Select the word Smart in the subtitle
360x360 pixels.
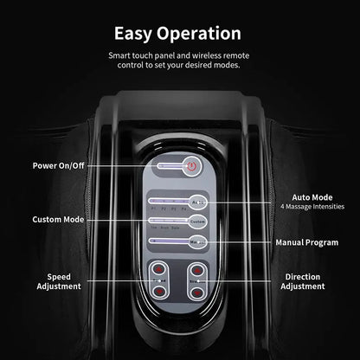tap(122, 55)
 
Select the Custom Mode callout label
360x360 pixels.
tap(60, 220)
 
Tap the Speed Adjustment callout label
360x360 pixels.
tap(60, 280)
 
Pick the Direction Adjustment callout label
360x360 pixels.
tap(303, 280)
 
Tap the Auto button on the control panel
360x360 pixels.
tap(198, 203)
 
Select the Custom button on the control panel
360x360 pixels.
tap(198, 222)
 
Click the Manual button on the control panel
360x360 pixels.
tap(198, 243)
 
